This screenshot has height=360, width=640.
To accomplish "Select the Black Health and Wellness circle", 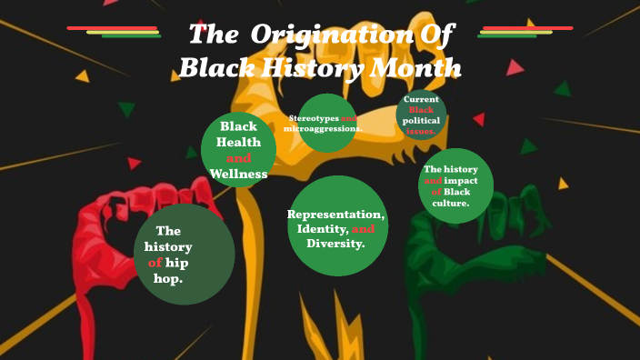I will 238,150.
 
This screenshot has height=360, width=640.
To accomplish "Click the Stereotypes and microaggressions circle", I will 326,123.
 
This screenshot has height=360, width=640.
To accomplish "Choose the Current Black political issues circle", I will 421,115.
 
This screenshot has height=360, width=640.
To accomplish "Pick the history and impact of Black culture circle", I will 455,185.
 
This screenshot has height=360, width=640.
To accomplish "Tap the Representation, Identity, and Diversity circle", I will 337,226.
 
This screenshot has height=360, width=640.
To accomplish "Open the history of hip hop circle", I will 184,254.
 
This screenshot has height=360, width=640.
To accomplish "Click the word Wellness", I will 238,174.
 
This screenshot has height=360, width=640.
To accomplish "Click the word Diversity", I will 335,244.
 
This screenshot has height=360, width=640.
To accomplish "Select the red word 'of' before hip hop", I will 155,263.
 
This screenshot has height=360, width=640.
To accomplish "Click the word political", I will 421,120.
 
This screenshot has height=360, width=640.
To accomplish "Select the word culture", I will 450,203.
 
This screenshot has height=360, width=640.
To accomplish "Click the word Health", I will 238,142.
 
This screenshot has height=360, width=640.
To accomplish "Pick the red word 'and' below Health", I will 238,158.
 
